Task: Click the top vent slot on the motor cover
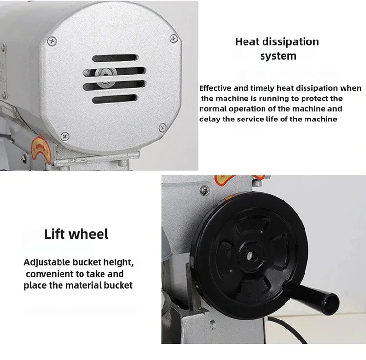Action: point(115,58)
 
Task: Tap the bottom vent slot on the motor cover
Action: point(115,99)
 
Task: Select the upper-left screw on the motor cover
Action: point(52,41)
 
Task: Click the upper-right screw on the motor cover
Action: point(173,38)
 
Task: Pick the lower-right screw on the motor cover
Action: point(163,128)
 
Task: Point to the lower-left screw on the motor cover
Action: point(64,136)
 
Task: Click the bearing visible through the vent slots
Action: point(105,78)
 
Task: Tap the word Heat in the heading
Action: point(247,42)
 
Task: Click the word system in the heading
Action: point(278,56)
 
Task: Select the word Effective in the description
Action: point(215,88)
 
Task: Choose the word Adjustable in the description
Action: point(47,263)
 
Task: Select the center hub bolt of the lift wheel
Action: point(250,255)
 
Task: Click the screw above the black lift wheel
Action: point(204,190)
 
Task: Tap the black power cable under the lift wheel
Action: point(287,329)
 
